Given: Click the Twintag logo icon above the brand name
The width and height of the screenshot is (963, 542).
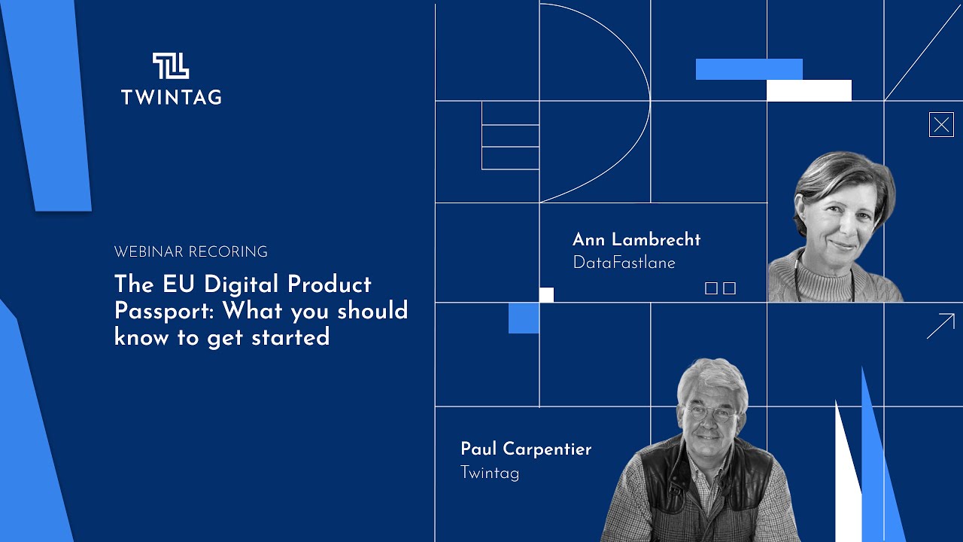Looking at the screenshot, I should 171,66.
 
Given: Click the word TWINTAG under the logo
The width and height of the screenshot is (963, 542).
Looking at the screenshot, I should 171,96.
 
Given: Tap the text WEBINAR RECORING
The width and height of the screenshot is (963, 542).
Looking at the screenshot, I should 190,252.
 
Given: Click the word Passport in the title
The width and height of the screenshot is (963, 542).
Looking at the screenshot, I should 165,311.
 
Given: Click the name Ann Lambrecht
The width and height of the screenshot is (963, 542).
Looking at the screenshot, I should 636,239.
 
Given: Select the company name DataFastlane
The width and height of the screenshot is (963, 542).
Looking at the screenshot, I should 624,263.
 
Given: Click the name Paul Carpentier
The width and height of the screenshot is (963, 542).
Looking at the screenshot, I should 526,449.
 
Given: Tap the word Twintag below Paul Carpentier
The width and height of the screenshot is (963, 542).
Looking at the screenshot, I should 490,473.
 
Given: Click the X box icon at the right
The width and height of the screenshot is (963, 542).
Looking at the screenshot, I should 941,125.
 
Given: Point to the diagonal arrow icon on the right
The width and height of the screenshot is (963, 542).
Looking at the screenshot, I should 940,326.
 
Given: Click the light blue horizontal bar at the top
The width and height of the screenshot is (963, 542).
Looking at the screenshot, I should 749,69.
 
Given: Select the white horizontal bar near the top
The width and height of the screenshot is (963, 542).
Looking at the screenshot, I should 809,90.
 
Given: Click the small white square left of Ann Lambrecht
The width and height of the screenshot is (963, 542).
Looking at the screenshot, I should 546,295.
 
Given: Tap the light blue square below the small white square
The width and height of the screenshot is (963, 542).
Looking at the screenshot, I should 524,318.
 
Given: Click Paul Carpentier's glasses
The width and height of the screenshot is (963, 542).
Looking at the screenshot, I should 710,413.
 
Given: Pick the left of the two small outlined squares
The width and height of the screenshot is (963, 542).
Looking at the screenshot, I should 711,288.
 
